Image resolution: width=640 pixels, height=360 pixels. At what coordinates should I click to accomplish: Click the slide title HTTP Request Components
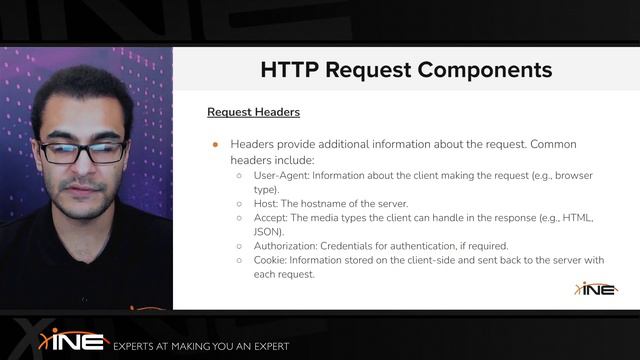(406, 70)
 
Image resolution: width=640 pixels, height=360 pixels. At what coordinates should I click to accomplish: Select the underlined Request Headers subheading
(253, 112)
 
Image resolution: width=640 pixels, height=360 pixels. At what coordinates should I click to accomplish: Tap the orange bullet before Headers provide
(214, 144)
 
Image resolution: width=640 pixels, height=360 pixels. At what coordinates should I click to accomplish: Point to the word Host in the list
(266, 203)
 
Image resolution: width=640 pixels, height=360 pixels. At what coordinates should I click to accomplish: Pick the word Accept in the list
(270, 217)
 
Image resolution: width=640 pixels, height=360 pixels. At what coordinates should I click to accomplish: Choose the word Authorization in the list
(288, 246)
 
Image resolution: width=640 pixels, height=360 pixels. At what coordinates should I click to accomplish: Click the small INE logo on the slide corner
(596, 289)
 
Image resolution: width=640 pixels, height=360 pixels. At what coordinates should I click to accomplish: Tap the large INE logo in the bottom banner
(74, 340)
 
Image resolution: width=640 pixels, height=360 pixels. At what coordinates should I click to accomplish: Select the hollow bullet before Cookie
(239, 260)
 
